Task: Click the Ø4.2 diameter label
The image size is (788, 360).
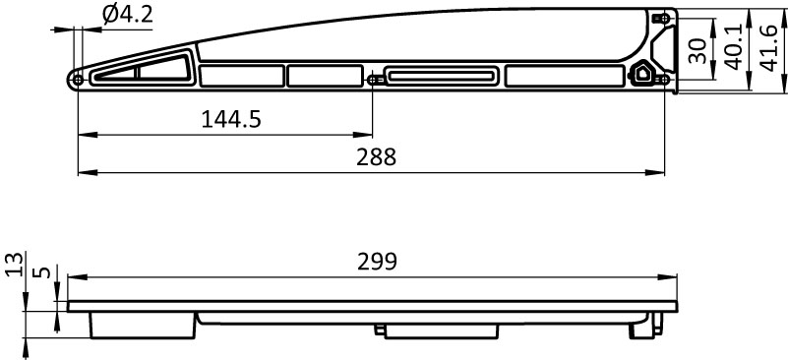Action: coord(127,14)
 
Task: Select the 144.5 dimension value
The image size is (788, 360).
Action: coord(231,120)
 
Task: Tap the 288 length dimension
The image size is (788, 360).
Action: coord(377,157)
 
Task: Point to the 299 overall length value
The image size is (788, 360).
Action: coord(378,262)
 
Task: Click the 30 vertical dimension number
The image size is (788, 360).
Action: coord(697,51)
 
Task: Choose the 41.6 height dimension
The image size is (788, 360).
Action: coord(769,49)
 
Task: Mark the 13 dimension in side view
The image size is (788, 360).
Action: coord(16,265)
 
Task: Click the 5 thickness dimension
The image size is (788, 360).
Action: coord(44,272)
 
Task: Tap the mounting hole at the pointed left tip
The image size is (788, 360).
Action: coord(78,80)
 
